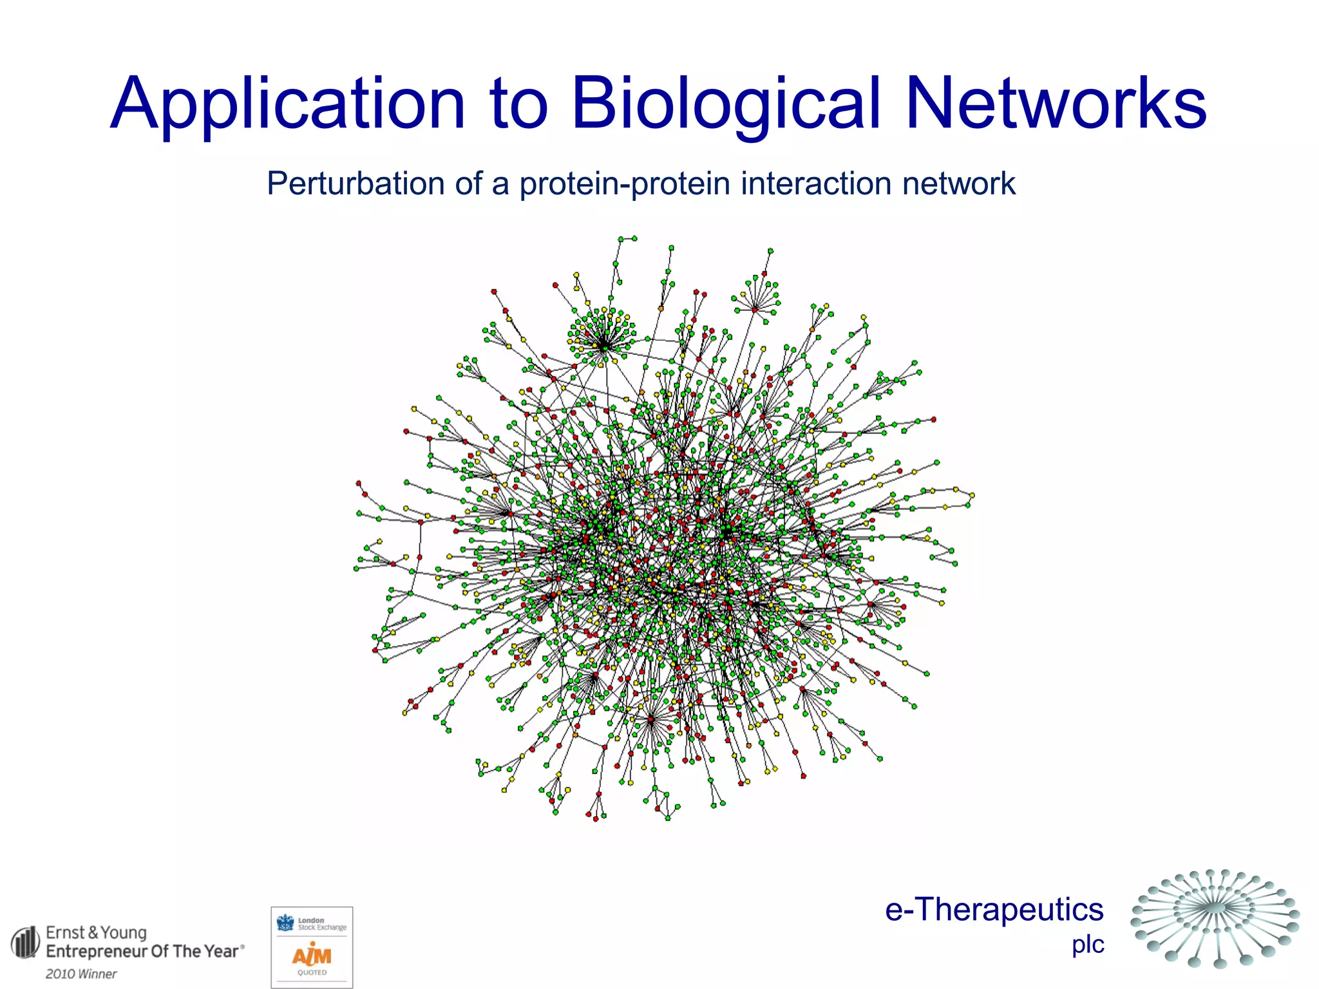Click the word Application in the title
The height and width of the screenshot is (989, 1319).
[x=287, y=104]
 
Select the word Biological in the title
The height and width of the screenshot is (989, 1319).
[x=726, y=104]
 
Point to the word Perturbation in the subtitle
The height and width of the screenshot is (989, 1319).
[x=355, y=184]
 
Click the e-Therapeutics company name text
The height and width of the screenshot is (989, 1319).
[x=994, y=910]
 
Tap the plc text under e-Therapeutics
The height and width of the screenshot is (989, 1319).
[x=1088, y=945]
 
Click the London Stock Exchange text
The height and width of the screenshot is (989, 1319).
[x=321, y=924]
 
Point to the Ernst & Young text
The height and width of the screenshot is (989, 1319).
[x=96, y=932]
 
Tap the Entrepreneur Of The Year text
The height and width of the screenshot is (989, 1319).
[x=142, y=952]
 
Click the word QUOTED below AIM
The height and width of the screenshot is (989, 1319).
[x=312, y=973]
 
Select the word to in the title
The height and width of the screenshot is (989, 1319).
[x=518, y=104]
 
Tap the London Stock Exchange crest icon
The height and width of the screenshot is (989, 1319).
[x=285, y=923]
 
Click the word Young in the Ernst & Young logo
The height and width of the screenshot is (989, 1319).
[x=124, y=932]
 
